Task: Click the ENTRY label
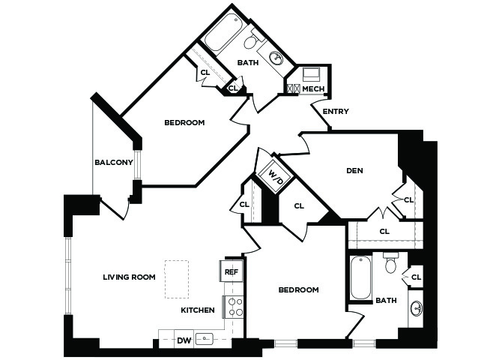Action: (x=336, y=112)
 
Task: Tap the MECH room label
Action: (x=313, y=88)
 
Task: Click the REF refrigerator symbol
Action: (x=232, y=271)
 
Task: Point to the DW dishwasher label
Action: (x=184, y=340)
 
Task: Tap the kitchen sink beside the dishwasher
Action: (x=205, y=339)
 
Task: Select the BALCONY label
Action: (x=114, y=163)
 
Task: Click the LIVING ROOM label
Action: (x=130, y=277)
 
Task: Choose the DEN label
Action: (x=354, y=170)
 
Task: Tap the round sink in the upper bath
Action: (x=276, y=58)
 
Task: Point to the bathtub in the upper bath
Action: (x=222, y=32)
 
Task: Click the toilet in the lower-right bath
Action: (x=391, y=262)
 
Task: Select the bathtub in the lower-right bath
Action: (x=360, y=278)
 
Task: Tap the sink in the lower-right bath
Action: (x=417, y=309)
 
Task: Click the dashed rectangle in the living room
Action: (x=176, y=280)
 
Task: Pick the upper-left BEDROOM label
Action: (x=184, y=122)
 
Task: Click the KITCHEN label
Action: (x=198, y=310)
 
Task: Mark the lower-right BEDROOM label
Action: (x=299, y=289)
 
